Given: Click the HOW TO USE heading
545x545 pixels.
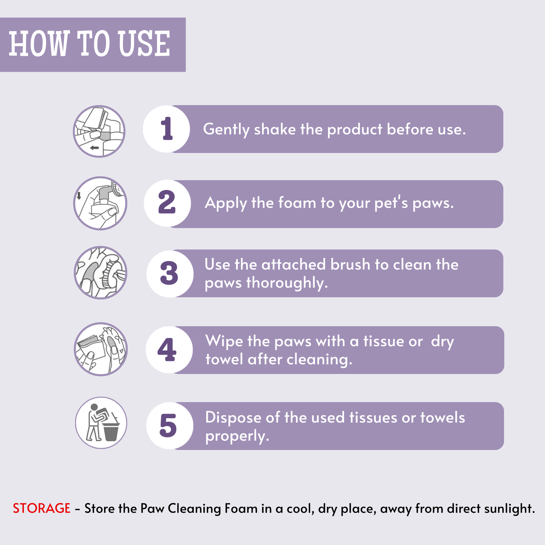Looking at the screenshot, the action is point(89,43).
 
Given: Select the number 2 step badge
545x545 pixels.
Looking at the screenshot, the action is point(167,203).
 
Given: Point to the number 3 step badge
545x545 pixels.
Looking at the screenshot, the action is point(170,273).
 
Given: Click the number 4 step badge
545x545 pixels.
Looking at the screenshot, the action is point(169,350).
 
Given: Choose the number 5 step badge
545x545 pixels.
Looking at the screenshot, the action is point(170,425).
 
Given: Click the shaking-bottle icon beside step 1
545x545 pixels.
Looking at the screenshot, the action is point(99,131).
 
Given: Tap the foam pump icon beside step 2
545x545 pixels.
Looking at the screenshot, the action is point(100,203).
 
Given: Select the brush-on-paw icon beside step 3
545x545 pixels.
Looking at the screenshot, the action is point(100,272).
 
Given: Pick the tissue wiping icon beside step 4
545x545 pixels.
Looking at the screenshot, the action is point(101,349).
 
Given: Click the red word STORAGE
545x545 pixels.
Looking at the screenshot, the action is point(41,508).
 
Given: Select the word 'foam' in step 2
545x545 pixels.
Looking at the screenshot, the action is point(297,203).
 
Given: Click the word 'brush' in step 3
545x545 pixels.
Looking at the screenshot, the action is point(350,265).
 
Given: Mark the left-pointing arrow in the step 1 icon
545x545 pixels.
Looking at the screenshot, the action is point(94,147).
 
